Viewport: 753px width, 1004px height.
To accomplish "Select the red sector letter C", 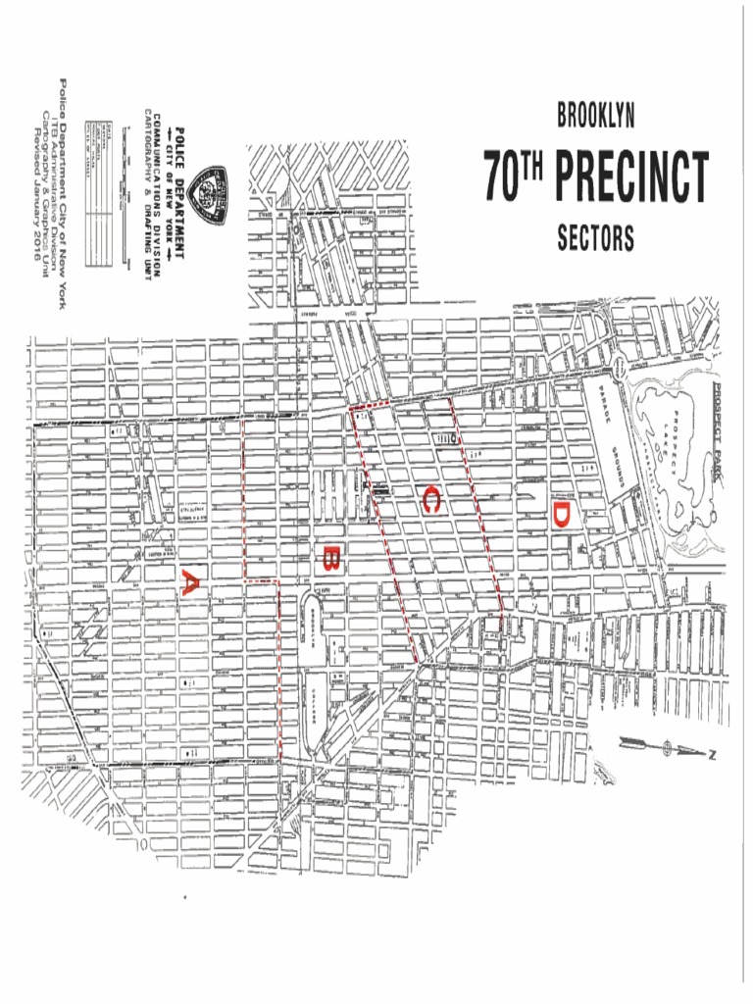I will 430,500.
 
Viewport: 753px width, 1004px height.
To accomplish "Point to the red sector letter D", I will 560,515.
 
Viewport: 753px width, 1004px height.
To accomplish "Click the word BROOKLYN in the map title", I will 595,117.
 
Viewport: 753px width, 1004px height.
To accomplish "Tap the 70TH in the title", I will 513,176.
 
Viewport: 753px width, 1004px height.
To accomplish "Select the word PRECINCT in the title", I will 630,176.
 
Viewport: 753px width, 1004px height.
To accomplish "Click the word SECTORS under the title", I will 595,238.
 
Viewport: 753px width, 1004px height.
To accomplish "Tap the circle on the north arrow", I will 668,749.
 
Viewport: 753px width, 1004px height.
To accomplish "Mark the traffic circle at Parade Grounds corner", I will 619,370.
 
